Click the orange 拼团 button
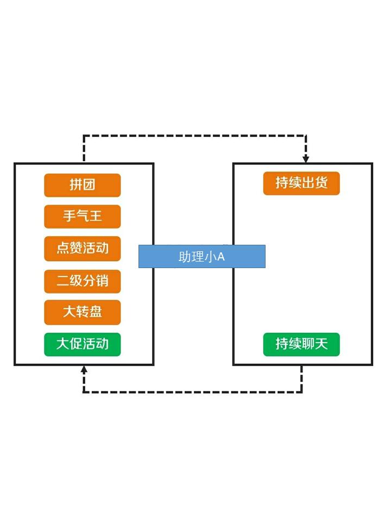point(82,185)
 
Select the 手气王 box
point(82,217)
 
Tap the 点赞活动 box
point(82,249)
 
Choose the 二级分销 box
point(82,281)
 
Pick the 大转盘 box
point(82,313)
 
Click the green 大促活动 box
point(82,344)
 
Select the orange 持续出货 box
point(301,183)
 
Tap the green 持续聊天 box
point(301,344)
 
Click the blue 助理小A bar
point(201,256)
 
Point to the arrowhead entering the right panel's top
point(306,159)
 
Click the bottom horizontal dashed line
point(193,391)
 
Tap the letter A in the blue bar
point(220,257)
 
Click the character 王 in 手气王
point(96,217)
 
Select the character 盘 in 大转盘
point(96,313)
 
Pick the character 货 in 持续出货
point(321,183)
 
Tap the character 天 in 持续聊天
point(321,344)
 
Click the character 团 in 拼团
point(89,185)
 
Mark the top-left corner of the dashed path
point(84,136)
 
